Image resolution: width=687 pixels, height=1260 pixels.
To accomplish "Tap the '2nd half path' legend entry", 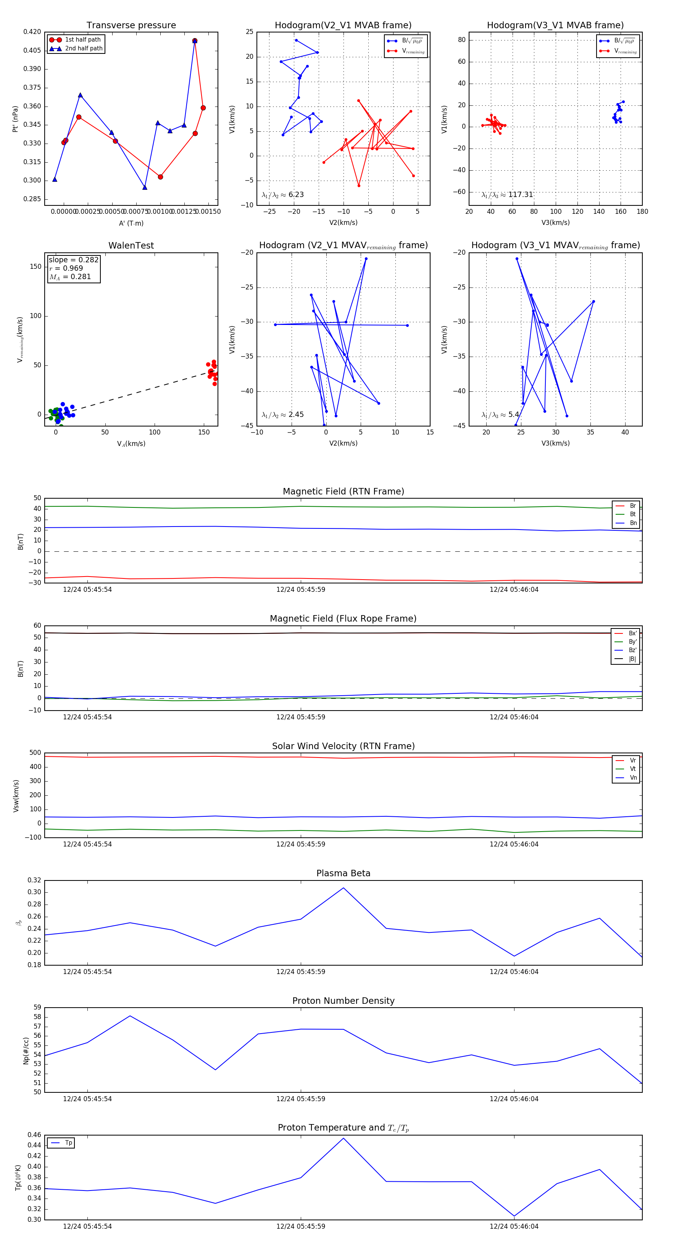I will (84, 48).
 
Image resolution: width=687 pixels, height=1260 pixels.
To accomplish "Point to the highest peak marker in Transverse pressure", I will (195, 40).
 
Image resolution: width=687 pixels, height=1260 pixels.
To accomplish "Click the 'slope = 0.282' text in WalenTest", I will (73, 260).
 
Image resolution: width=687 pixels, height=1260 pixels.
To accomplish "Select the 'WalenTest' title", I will (131, 246).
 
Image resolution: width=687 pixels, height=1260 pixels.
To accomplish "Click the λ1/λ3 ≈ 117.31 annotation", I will (507, 195).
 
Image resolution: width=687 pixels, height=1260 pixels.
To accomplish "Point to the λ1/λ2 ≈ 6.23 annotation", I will (282, 195).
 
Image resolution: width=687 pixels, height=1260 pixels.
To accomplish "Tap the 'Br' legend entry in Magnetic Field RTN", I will (632, 506).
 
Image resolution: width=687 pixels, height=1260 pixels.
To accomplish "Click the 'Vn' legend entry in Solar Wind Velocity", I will (633, 778).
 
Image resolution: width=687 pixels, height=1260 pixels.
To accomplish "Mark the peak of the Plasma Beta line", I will (343, 888).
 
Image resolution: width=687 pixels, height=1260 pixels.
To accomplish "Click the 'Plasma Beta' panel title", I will (343, 873).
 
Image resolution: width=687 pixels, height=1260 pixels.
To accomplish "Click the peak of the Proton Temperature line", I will (343, 1138).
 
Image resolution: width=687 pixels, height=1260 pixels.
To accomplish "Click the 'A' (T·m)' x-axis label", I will (131, 223).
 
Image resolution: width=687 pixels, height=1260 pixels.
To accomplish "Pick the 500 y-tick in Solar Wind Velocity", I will (35, 753).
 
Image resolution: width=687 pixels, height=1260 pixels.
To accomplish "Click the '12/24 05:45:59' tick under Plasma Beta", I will (301, 971).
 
